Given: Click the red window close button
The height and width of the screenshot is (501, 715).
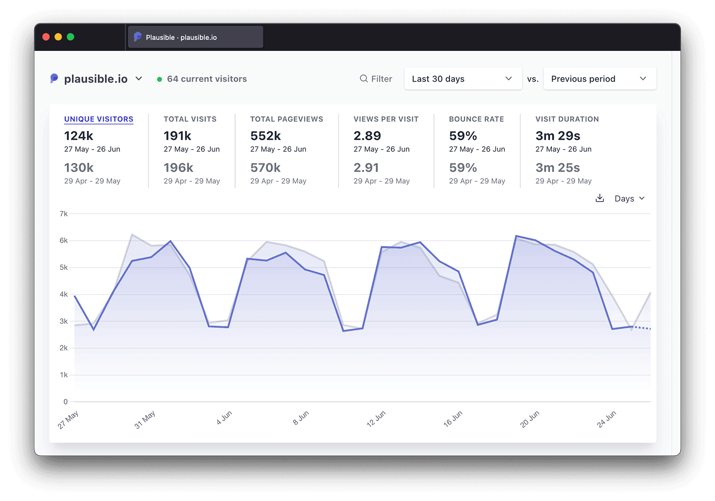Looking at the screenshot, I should pos(46,37).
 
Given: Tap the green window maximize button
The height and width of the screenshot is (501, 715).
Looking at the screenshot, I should pos(71,37).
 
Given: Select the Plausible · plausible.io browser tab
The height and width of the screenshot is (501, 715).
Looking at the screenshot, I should pos(195,37).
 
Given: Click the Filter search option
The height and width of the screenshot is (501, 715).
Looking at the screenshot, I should pos(376,79).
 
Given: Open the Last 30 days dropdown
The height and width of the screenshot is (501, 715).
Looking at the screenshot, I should pos(463,79).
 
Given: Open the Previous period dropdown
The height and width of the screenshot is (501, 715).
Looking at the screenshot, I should pos(599,79).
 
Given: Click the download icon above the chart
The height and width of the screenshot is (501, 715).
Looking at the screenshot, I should pos(600,198).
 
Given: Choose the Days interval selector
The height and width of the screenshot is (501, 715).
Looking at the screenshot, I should pos(629,198).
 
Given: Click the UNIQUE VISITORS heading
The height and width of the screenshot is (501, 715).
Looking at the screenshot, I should pos(99,119).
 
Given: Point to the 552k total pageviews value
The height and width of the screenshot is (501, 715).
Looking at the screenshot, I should pos(265,135).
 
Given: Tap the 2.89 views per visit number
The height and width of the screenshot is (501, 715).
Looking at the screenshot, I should pos(367,135).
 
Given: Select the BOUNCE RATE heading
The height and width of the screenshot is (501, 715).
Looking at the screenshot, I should pos(476,119).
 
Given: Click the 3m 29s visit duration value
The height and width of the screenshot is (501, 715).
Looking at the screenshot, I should pos(558,135).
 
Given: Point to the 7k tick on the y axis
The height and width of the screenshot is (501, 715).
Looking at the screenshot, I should pos(64,214).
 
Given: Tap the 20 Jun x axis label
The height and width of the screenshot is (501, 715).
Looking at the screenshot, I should pos(530,419).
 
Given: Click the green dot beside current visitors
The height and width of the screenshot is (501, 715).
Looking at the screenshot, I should pos(160,79).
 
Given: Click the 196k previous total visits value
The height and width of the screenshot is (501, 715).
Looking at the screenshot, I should pos(178,168).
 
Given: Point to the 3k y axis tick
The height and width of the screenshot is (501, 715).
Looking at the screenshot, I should pos(64,321).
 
